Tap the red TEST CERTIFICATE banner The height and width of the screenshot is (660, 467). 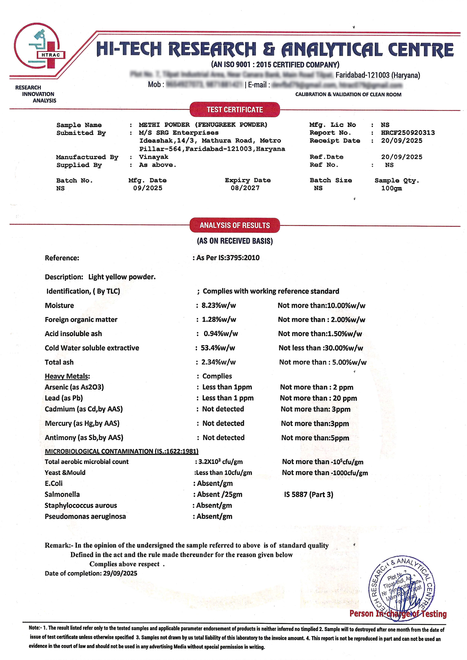coord(235,110)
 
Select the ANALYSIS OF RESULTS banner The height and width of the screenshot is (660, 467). coord(235,225)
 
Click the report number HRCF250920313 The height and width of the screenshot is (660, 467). coord(408,133)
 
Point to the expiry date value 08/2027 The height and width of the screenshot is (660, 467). coord(245,188)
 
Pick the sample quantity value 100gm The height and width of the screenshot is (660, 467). coord(391,188)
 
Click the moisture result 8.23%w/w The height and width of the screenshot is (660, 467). coord(219,305)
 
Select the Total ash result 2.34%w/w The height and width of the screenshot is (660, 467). coord(219,362)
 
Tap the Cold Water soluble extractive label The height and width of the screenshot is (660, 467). coord(92,348)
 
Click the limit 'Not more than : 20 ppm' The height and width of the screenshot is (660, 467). coord(318,398)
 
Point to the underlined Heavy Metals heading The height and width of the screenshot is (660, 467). coord(67,376)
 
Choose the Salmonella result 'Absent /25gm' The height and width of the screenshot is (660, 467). coord(219,494)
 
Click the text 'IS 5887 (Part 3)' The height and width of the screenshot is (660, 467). coord(309,495)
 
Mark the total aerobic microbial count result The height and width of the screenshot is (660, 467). coord(220,462)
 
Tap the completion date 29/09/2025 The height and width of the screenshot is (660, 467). coord(120,573)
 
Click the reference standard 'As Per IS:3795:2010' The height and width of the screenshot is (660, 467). coord(228,258)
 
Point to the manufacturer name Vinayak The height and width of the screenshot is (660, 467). coord(153,157)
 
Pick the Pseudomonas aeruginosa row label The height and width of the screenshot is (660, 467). coord(85,516)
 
